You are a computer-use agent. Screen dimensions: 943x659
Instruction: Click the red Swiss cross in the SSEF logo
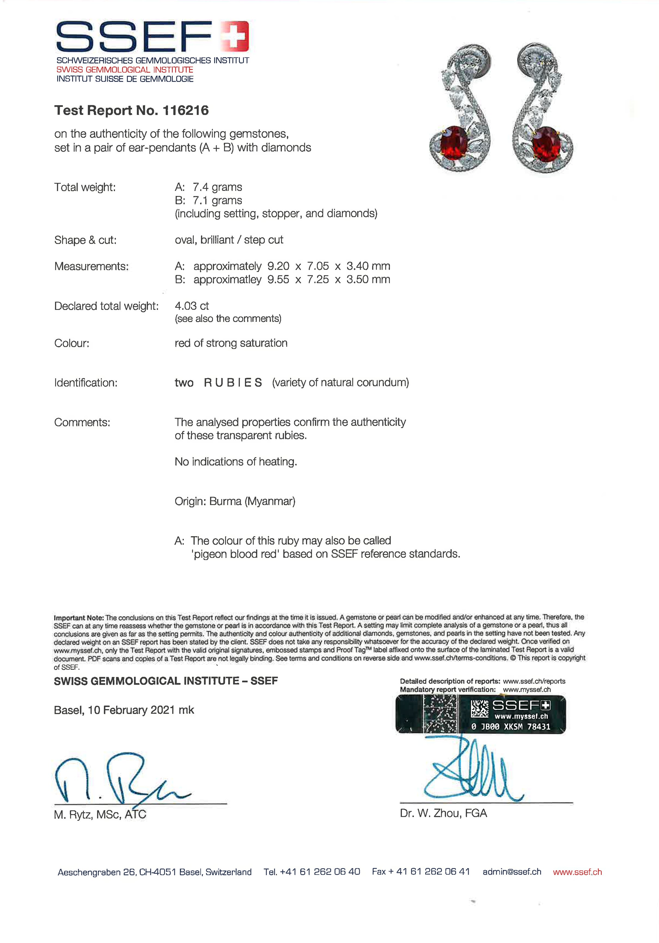(x=234, y=36)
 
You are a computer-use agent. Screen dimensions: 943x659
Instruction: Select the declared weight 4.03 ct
(x=192, y=306)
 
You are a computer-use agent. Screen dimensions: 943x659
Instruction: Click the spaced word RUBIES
(x=233, y=383)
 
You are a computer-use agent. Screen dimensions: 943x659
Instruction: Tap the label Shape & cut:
(x=85, y=240)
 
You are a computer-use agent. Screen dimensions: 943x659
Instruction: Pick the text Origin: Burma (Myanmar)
(x=235, y=501)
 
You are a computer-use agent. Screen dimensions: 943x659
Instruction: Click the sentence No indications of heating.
(x=236, y=462)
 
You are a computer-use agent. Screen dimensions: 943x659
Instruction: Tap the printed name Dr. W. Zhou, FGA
(x=443, y=813)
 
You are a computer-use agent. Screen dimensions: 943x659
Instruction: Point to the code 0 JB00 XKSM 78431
(x=511, y=727)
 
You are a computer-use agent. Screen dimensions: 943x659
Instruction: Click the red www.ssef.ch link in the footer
(x=577, y=872)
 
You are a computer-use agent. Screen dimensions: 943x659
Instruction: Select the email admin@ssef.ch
(x=511, y=872)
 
